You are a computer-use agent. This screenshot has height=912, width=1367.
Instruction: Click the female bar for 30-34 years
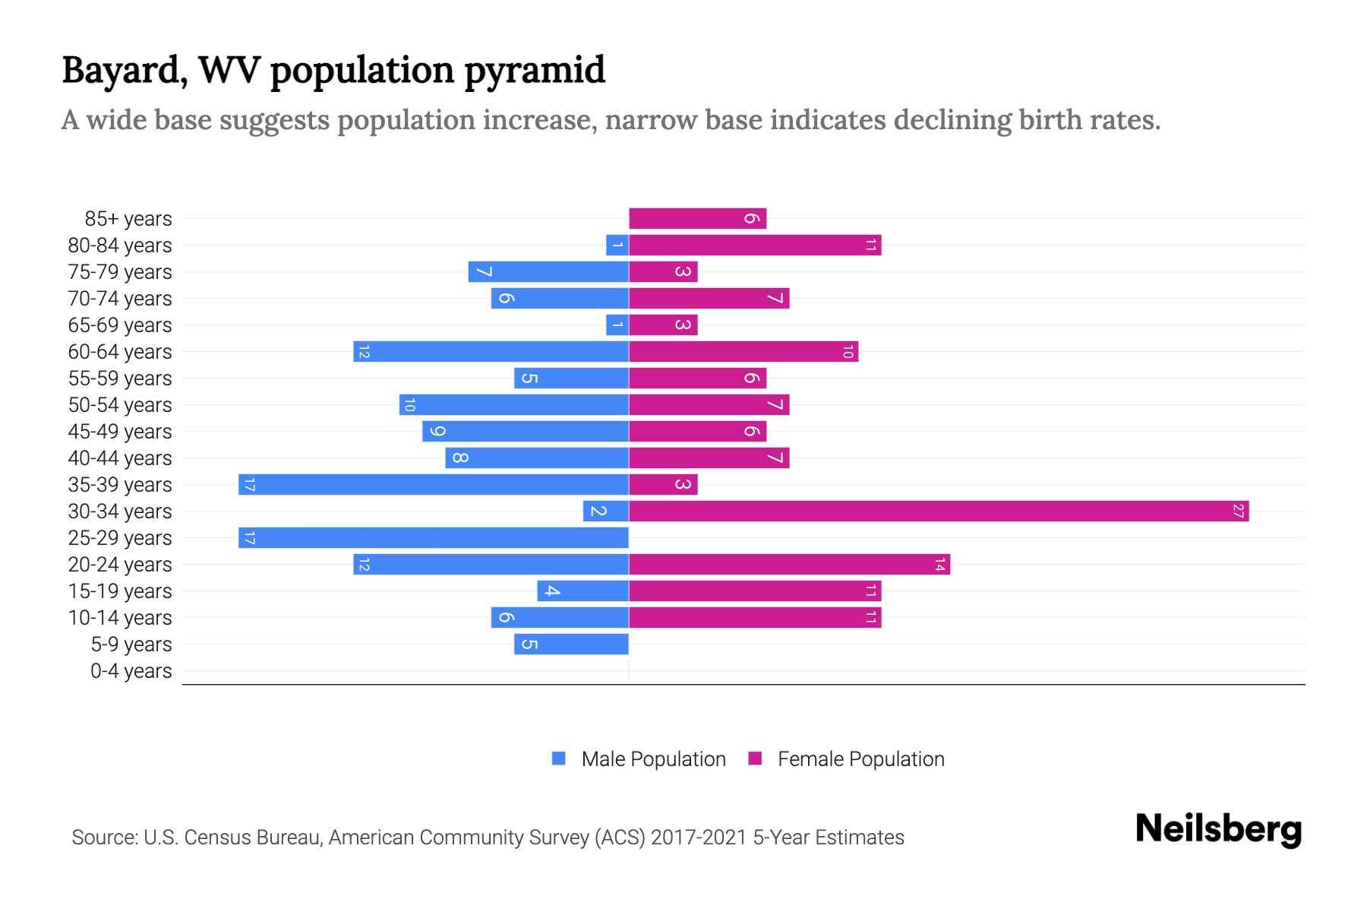point(939,511)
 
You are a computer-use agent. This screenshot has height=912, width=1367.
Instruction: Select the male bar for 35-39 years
point(434,485)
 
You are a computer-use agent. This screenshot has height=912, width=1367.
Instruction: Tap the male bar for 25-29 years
point(434,538)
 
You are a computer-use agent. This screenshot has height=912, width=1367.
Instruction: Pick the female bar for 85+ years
point(697,219)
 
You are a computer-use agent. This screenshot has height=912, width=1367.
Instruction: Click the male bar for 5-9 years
point(571,644)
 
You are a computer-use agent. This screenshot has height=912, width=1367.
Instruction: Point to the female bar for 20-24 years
point(789,565)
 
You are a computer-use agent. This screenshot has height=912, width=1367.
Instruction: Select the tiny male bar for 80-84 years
point(617,245)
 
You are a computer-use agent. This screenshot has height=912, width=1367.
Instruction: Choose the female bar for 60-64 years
point(743,352)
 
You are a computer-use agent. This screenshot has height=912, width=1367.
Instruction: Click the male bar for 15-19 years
point(582,591)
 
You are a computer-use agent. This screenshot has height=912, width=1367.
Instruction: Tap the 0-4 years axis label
point(131,671)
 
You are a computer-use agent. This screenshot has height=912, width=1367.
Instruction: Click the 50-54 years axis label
point(120,405)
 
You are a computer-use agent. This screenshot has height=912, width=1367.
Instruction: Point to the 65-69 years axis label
point(120,325)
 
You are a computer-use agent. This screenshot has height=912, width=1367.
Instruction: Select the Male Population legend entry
point(653,759)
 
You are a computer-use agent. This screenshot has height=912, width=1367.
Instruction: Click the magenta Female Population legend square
point(755,758)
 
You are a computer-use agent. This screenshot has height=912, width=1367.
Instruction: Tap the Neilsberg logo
point(1218,829)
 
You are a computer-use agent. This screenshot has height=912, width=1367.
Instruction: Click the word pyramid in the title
point(534,71)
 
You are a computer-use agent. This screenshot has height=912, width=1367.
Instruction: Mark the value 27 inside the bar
point(1238,511)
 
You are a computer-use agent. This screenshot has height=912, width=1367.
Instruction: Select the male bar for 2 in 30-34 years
point(605,511)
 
